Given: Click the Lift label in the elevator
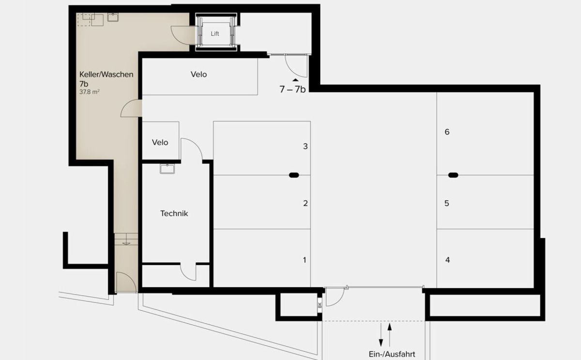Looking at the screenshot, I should click(x=215, y=34).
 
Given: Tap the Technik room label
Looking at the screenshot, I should click(x=174, y=213).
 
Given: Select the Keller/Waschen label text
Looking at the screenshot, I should click(x=106, y=75).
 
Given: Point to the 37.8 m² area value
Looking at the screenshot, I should click(x=90, y=91).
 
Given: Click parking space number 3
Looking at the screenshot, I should click(x=305, y=146).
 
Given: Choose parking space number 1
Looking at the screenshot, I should click(x=305, y=260).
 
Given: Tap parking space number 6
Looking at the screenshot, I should click(x=447, y=132).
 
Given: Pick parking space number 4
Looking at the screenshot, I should click(x=447, y=260).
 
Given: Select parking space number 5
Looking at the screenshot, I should click(x=447, y=203).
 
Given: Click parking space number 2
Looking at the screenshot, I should click(x=305, y=203).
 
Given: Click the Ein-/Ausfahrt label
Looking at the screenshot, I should click(x=392, y=354).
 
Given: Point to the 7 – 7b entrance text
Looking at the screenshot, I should click(x=292, y=90).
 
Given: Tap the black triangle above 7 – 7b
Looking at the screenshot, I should click(x=295, y=80).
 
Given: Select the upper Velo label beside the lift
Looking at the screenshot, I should click(x=199, y=75).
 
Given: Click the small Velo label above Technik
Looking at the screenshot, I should click(x=160, y=142).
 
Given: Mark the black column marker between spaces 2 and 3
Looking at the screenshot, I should click(x=294, y=175).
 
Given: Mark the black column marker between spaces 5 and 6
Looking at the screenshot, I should click(x=453, y=175).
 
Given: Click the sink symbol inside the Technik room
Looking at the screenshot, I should click(x=167, y=168).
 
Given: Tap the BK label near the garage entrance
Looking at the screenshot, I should click(x=320, y=305).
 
